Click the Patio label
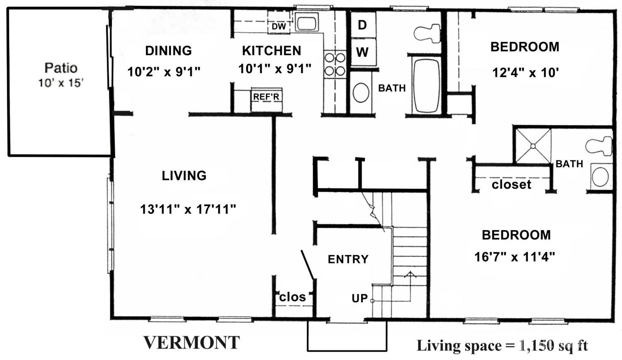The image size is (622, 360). [61, 68]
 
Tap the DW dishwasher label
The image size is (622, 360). [279, 27]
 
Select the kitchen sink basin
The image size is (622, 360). [306, 22]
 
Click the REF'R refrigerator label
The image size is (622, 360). [266, 97]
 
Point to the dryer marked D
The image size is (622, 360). [363, 25]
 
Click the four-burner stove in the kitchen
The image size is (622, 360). [335, 64]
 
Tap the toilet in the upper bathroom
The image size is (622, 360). [427, 34]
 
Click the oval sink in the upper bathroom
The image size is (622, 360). [361, 92]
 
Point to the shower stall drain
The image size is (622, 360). [533, 146]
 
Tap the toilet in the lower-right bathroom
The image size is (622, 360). [599, 146]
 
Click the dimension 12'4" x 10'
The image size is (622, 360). [525, 73]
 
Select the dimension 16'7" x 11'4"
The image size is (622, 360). [515, 257]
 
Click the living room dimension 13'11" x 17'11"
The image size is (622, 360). [188, 209]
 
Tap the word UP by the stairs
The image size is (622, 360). [360, 298]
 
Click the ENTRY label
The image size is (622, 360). [348, 259]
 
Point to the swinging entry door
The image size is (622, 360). [308, 265]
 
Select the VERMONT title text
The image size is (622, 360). [192, 343]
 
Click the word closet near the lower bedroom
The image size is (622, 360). [511, 184]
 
